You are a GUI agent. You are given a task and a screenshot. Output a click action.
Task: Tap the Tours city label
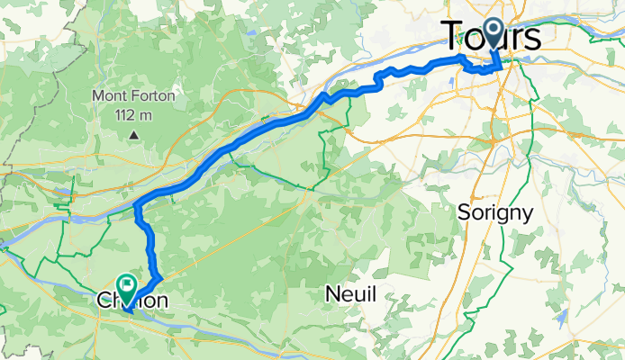click(x=493, y=38)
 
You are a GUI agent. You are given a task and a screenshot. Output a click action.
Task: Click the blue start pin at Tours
click(x=494, y=33)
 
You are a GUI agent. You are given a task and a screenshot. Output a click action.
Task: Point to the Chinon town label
click(x=131, y=300)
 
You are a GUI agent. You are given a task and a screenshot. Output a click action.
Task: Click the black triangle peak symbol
click(x=133, y=136)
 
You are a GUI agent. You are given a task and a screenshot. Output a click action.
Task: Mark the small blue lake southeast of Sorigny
click(x=562, y=317)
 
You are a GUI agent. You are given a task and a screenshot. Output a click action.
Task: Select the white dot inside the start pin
click(x=494, y=30)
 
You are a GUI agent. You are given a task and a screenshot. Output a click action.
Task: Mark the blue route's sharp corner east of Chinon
click(x=159, y=274)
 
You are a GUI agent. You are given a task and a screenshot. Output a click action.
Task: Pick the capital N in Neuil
click(x=332, y=293)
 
